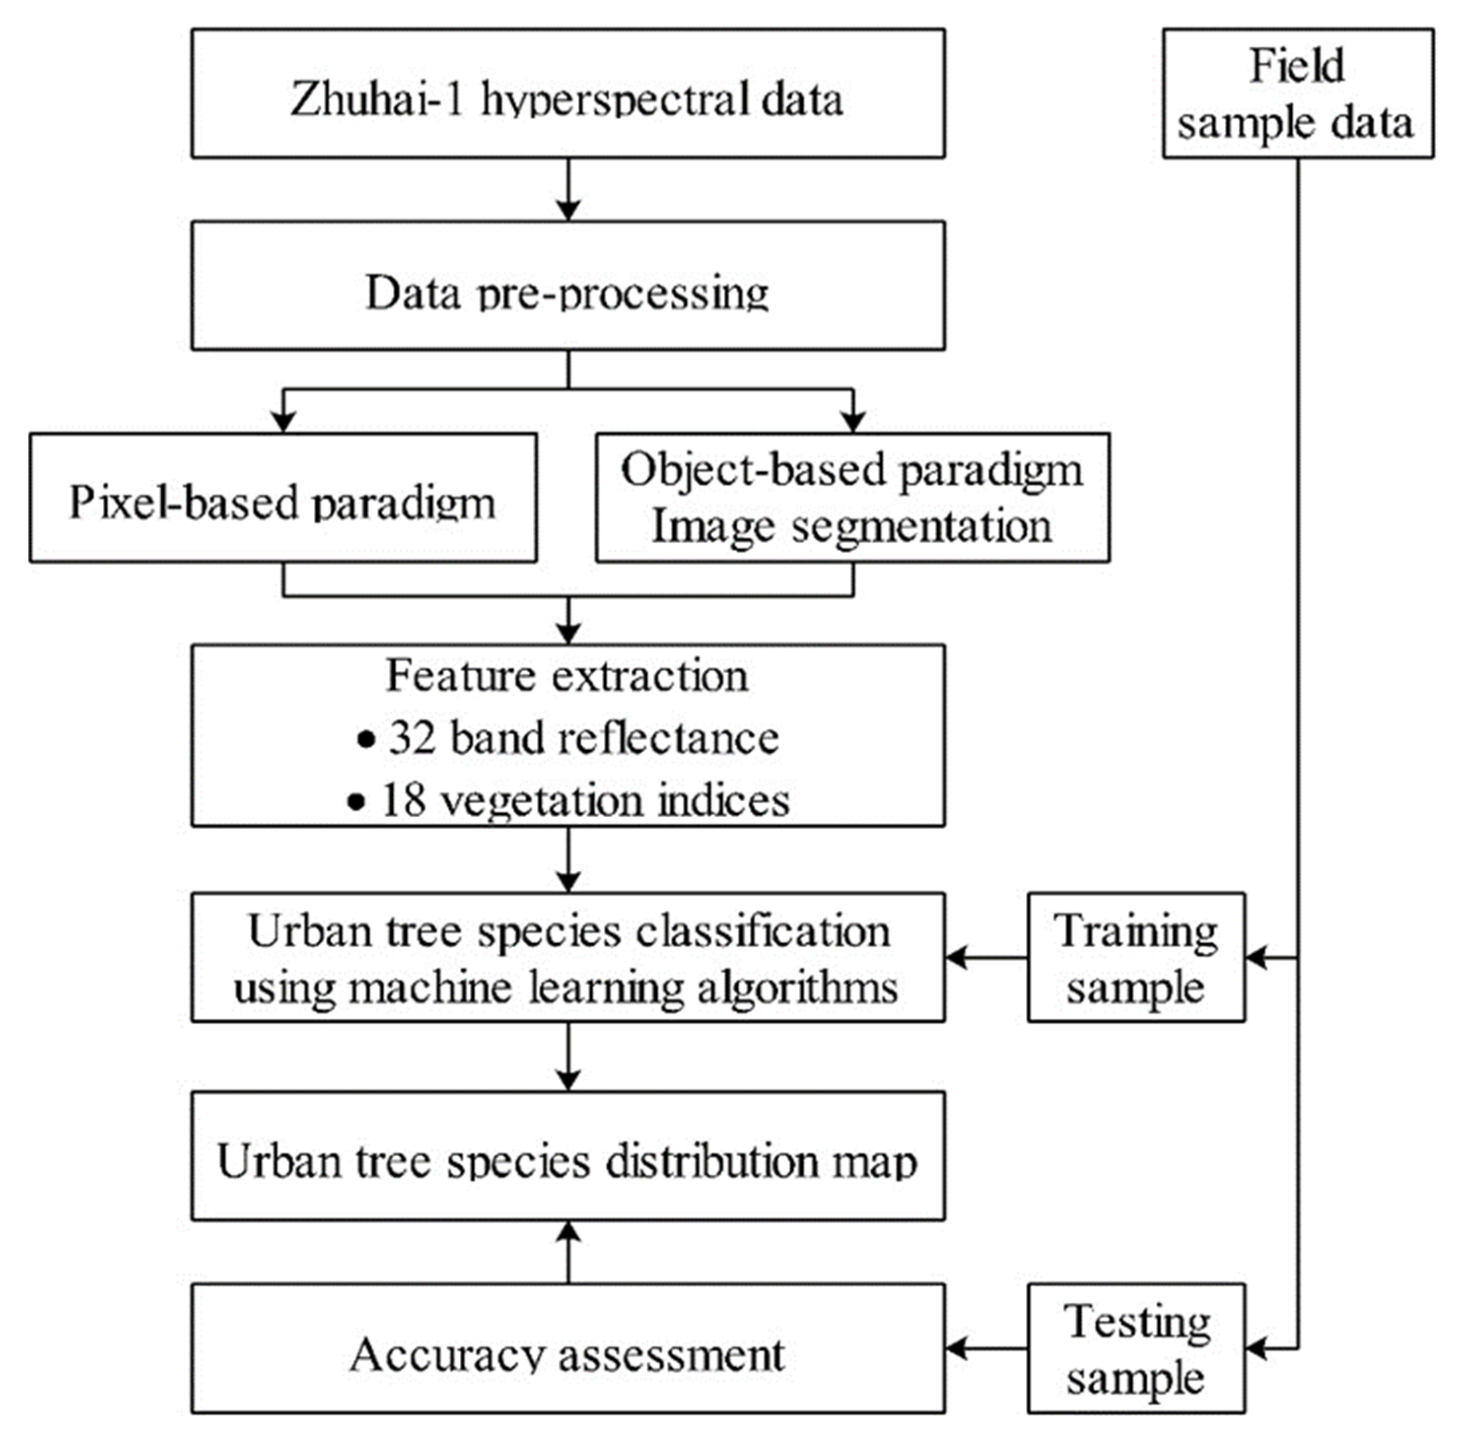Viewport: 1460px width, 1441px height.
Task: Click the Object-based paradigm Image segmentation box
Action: point(852,498)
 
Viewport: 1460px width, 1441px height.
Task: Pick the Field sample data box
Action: point(1297,93)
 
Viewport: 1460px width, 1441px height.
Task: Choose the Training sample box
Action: point(1135,958)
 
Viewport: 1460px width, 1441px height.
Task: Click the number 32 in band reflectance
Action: point(413,737)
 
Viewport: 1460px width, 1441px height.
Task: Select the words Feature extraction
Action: point(567,675)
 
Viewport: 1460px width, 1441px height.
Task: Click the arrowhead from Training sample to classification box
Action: point(956,958)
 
